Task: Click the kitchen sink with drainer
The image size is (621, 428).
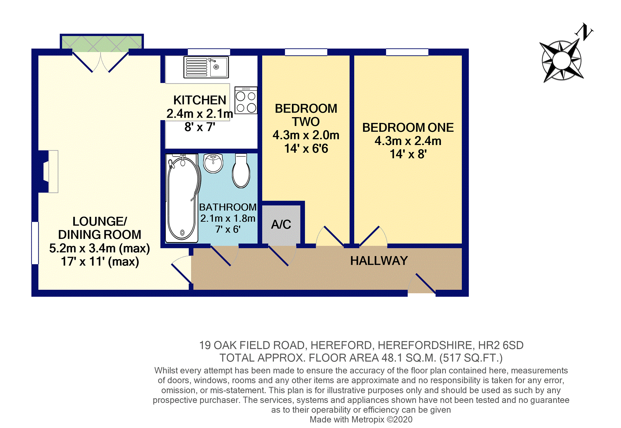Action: [x=206, y=67]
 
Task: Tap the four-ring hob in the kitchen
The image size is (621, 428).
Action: [x=246, y=100]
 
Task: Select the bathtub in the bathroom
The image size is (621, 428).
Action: [x=182, y=198]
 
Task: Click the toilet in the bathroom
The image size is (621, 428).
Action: [x=241, y=170]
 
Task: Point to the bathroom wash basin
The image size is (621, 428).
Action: [x=213, y=163]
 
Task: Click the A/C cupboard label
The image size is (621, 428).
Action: [x=281, y=224]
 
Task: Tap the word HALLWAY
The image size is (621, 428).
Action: [x=379, y=261]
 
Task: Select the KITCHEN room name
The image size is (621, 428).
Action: [x=200, y=100]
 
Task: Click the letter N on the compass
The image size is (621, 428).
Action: [x=584, y=32]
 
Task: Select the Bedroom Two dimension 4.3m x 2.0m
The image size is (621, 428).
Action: [x=306, y=135]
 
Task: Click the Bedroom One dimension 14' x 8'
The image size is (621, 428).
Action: [x=408, y=154]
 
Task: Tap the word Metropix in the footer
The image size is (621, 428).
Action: [x=368, y=419]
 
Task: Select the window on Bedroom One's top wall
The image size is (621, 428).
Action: [x=407, y=52]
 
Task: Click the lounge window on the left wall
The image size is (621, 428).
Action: [x=35, y=243]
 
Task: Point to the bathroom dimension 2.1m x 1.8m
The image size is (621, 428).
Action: [x=228, y=218]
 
